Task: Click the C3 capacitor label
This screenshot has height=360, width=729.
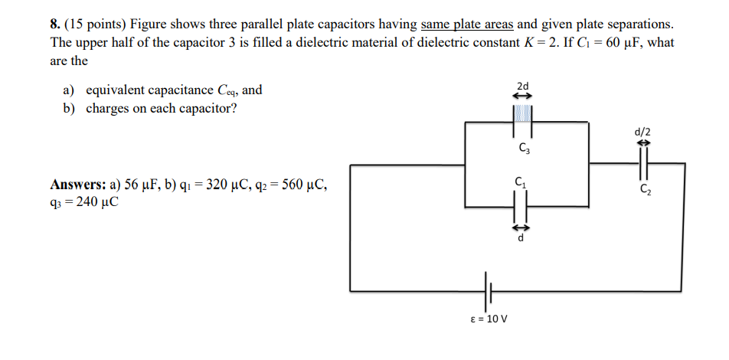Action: coord(522,147)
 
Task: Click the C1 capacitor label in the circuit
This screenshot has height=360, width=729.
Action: coord(521,182)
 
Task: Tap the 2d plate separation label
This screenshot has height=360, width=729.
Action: coord(522,85)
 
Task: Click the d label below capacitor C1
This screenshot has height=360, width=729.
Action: coord(521,237)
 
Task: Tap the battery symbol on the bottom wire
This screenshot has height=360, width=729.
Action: coord(487,291)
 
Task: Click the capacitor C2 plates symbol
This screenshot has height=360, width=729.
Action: coord(643,163)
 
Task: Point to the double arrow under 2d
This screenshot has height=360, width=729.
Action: coord(522,96)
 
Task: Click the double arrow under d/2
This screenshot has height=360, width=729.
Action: coord(643,142)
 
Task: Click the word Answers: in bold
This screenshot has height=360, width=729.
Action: coord(78,185)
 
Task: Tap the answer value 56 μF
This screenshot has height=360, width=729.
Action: coord(139,185)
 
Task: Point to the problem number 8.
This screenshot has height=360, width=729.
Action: coord(55,25)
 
